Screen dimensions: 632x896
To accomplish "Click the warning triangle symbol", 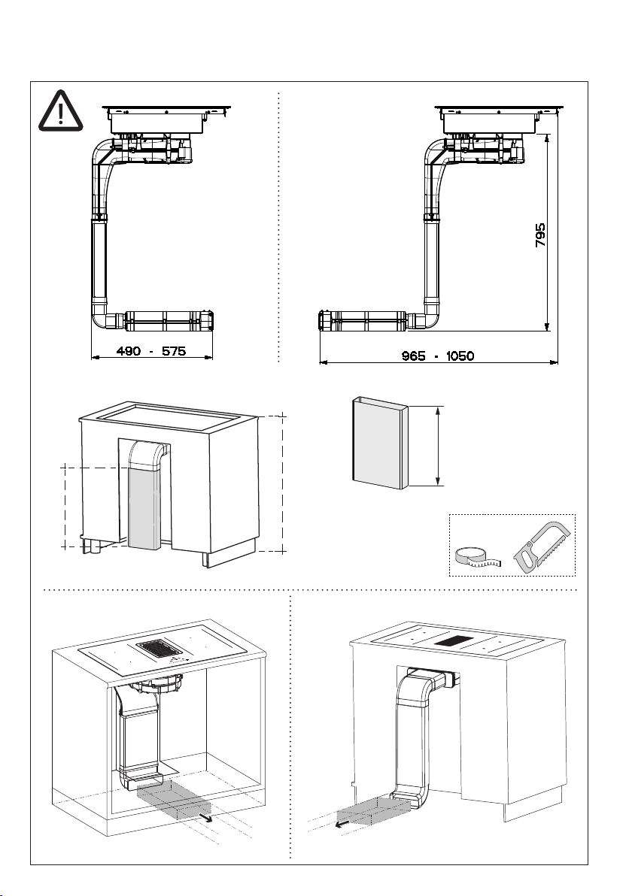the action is tap(61, 110).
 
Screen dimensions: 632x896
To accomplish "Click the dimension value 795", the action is tap(540, 235).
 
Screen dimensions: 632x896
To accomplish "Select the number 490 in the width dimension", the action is tap(129, 351).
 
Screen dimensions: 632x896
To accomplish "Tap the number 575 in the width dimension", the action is tap(174, 351).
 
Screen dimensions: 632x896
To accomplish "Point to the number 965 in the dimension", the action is tap(414, 356).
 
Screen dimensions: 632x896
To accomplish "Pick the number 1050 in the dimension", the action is tap(460, 356).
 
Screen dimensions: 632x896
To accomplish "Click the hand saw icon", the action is tap(542, 546).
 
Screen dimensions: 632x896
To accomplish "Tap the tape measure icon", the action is tap(479, 556).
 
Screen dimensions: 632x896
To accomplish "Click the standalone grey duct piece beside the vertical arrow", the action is tap(379, 443).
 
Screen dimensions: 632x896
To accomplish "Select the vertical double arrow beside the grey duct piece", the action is tap(438, 445).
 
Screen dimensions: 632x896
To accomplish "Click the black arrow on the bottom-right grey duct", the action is tap(342, 824).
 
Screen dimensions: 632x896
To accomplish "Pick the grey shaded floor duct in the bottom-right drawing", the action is tap(375, 811).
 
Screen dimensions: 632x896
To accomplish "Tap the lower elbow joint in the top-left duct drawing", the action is tap(105, 319).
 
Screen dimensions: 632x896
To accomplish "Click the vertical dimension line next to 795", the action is tap(548, 232).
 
